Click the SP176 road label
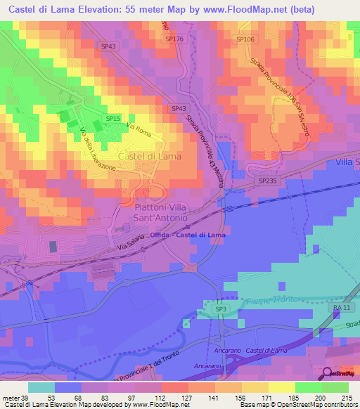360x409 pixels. (x=174, y=39)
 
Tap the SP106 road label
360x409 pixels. (x=245, y=39)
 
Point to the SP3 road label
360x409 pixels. (x=221, y=309)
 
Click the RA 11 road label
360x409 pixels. (x=340, y=309)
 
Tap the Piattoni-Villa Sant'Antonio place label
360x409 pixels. (x=160, y=213)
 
